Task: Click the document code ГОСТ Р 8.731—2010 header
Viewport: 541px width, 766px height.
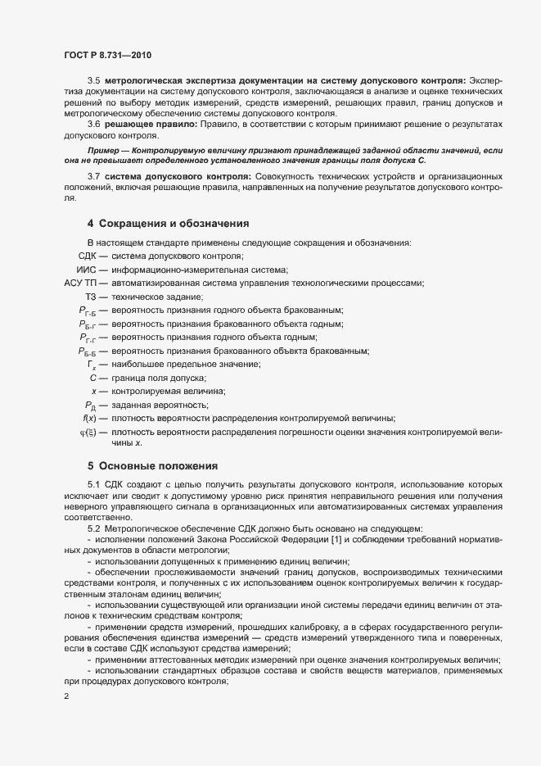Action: coord(107,55)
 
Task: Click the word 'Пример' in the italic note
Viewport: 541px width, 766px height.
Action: coord(103,152)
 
